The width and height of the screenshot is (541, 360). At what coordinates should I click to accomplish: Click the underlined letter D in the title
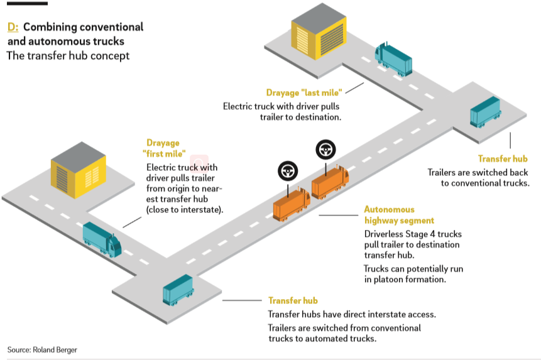tap(11, 28)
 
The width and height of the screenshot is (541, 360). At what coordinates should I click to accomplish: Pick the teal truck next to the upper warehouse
tap(393, 60)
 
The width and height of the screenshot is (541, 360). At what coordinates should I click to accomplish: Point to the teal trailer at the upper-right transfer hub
tap(485, 112)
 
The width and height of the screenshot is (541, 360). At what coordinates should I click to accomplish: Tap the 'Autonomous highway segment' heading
tap(399, 215)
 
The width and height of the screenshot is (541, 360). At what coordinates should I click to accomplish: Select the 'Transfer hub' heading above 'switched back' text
tap(503, 159)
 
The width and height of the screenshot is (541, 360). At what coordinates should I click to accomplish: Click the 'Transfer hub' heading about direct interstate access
tap(293, 301)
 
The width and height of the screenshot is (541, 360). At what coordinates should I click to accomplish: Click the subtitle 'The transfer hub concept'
tap(68, 56)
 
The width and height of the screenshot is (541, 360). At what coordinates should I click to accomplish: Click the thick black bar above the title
tap(27, 3)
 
